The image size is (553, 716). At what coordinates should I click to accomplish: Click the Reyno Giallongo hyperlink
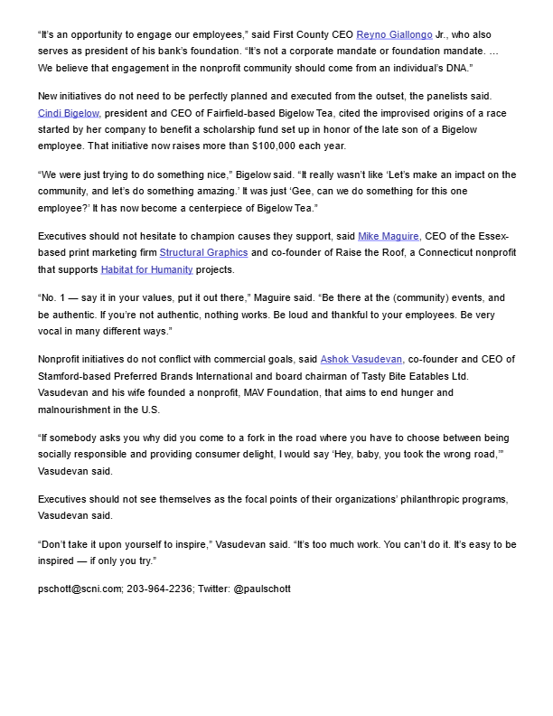[x=395, y=34]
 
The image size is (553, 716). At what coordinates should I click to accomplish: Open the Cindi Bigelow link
[x=68, y=113]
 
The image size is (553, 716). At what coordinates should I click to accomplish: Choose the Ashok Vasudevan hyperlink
[x=362, y=361]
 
